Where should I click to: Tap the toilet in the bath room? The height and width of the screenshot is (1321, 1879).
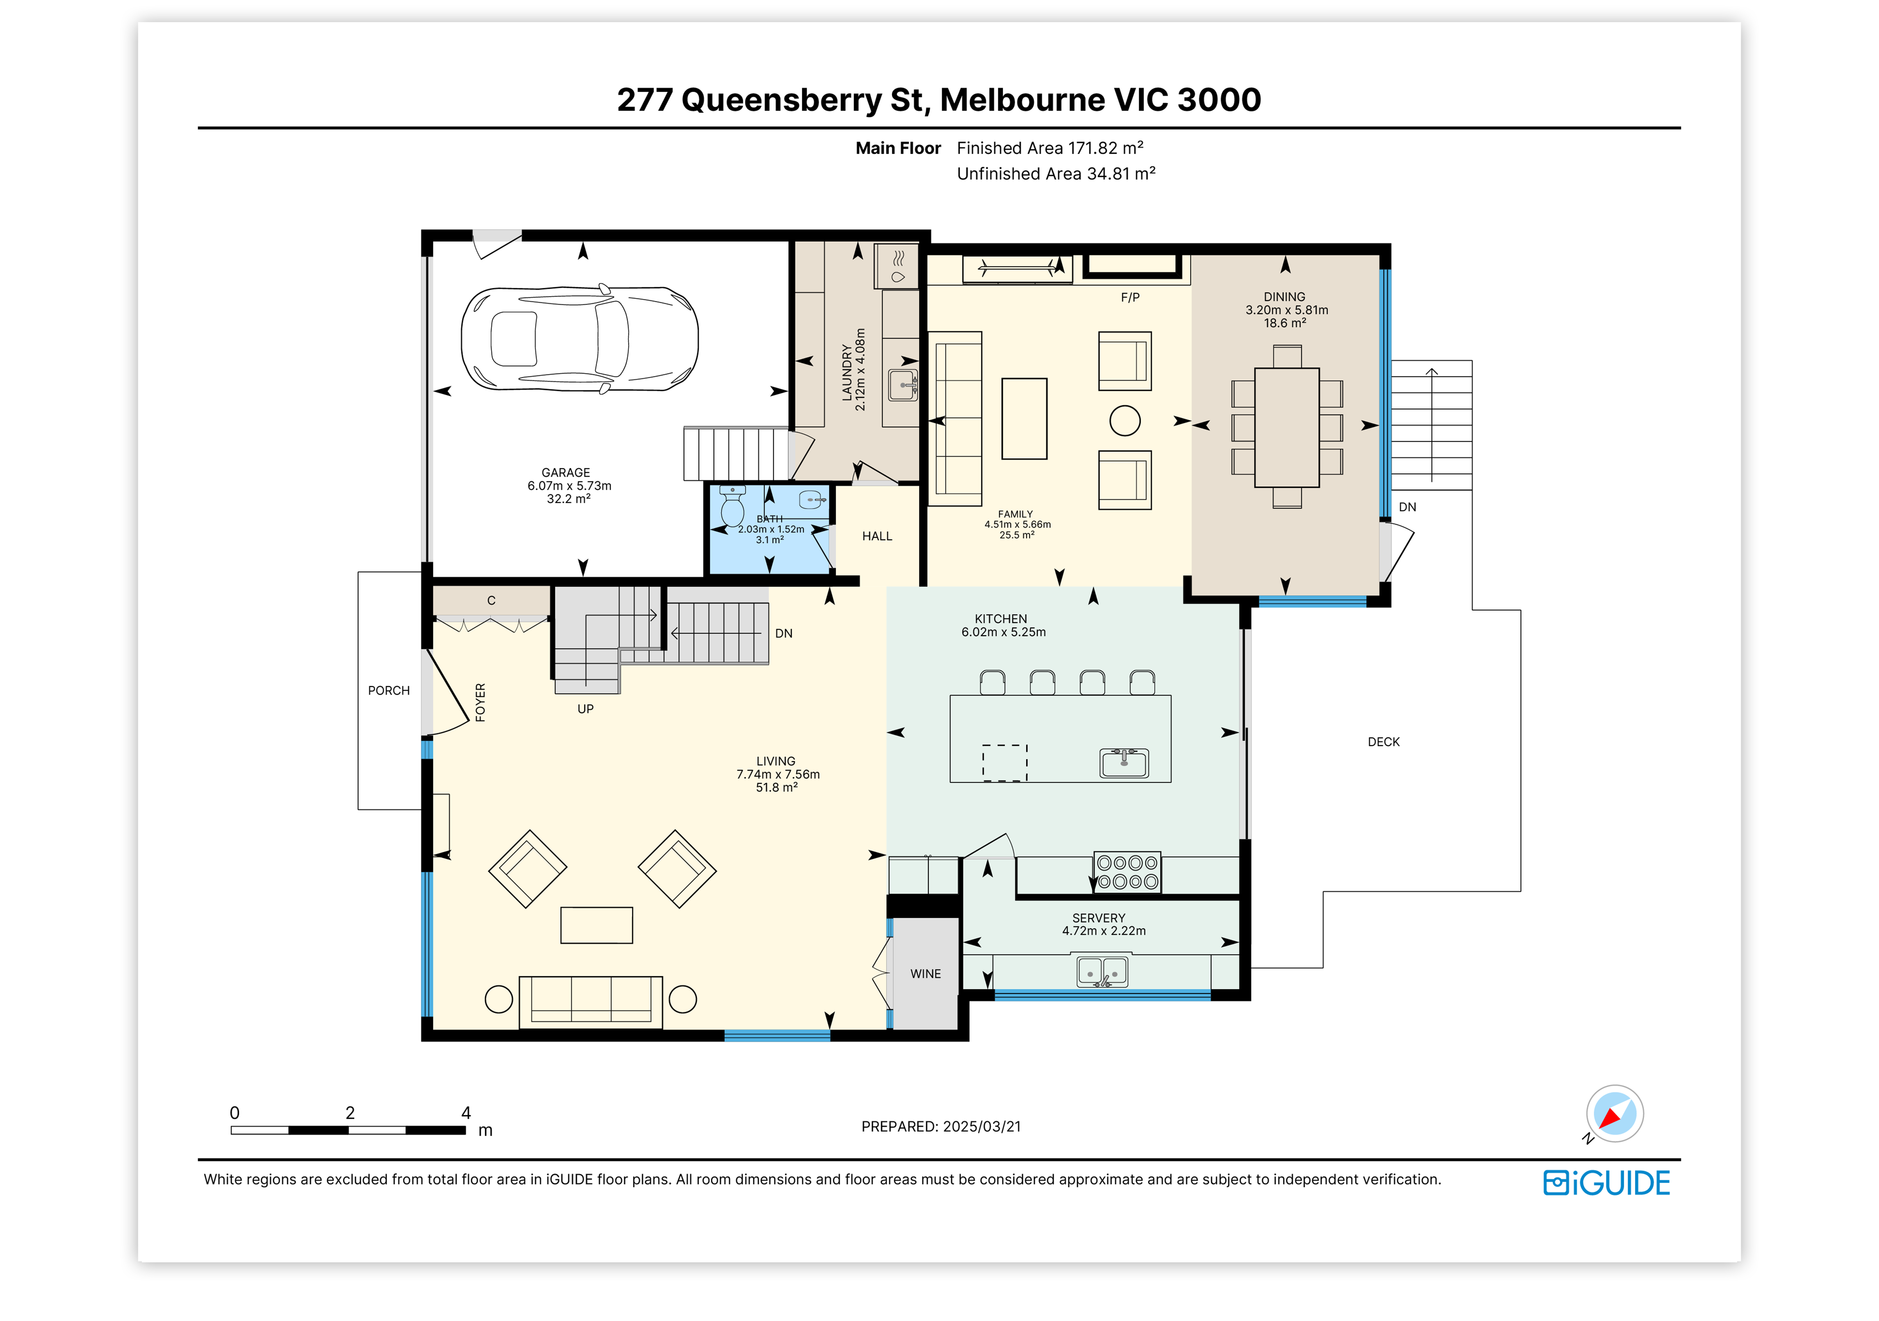731,506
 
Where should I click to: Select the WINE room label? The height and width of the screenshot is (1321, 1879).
926,974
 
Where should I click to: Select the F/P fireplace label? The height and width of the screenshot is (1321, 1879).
1130,297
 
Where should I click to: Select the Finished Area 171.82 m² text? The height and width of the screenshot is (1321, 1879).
1050,148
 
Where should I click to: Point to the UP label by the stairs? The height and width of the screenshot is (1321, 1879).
585,709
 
